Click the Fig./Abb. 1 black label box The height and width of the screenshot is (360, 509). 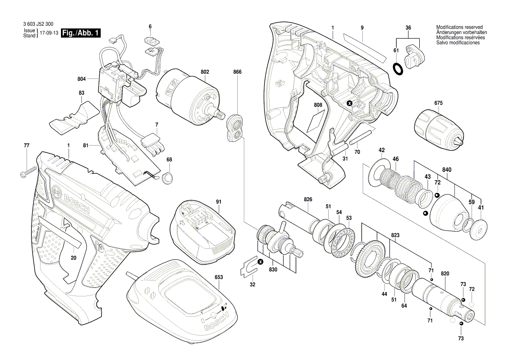pos(81,33)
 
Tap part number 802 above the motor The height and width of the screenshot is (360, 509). pos(205,71)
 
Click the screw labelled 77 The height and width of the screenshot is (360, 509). pos(27,171)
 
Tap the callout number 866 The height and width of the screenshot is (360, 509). pos(237,71)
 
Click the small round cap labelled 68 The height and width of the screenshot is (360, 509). pos(168,177)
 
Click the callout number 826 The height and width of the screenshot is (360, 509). pos(308,199)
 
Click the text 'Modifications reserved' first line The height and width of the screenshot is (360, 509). pos(459,27)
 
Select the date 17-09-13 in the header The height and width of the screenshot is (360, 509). pos(49,33)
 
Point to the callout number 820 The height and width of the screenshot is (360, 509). pos(445,274)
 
